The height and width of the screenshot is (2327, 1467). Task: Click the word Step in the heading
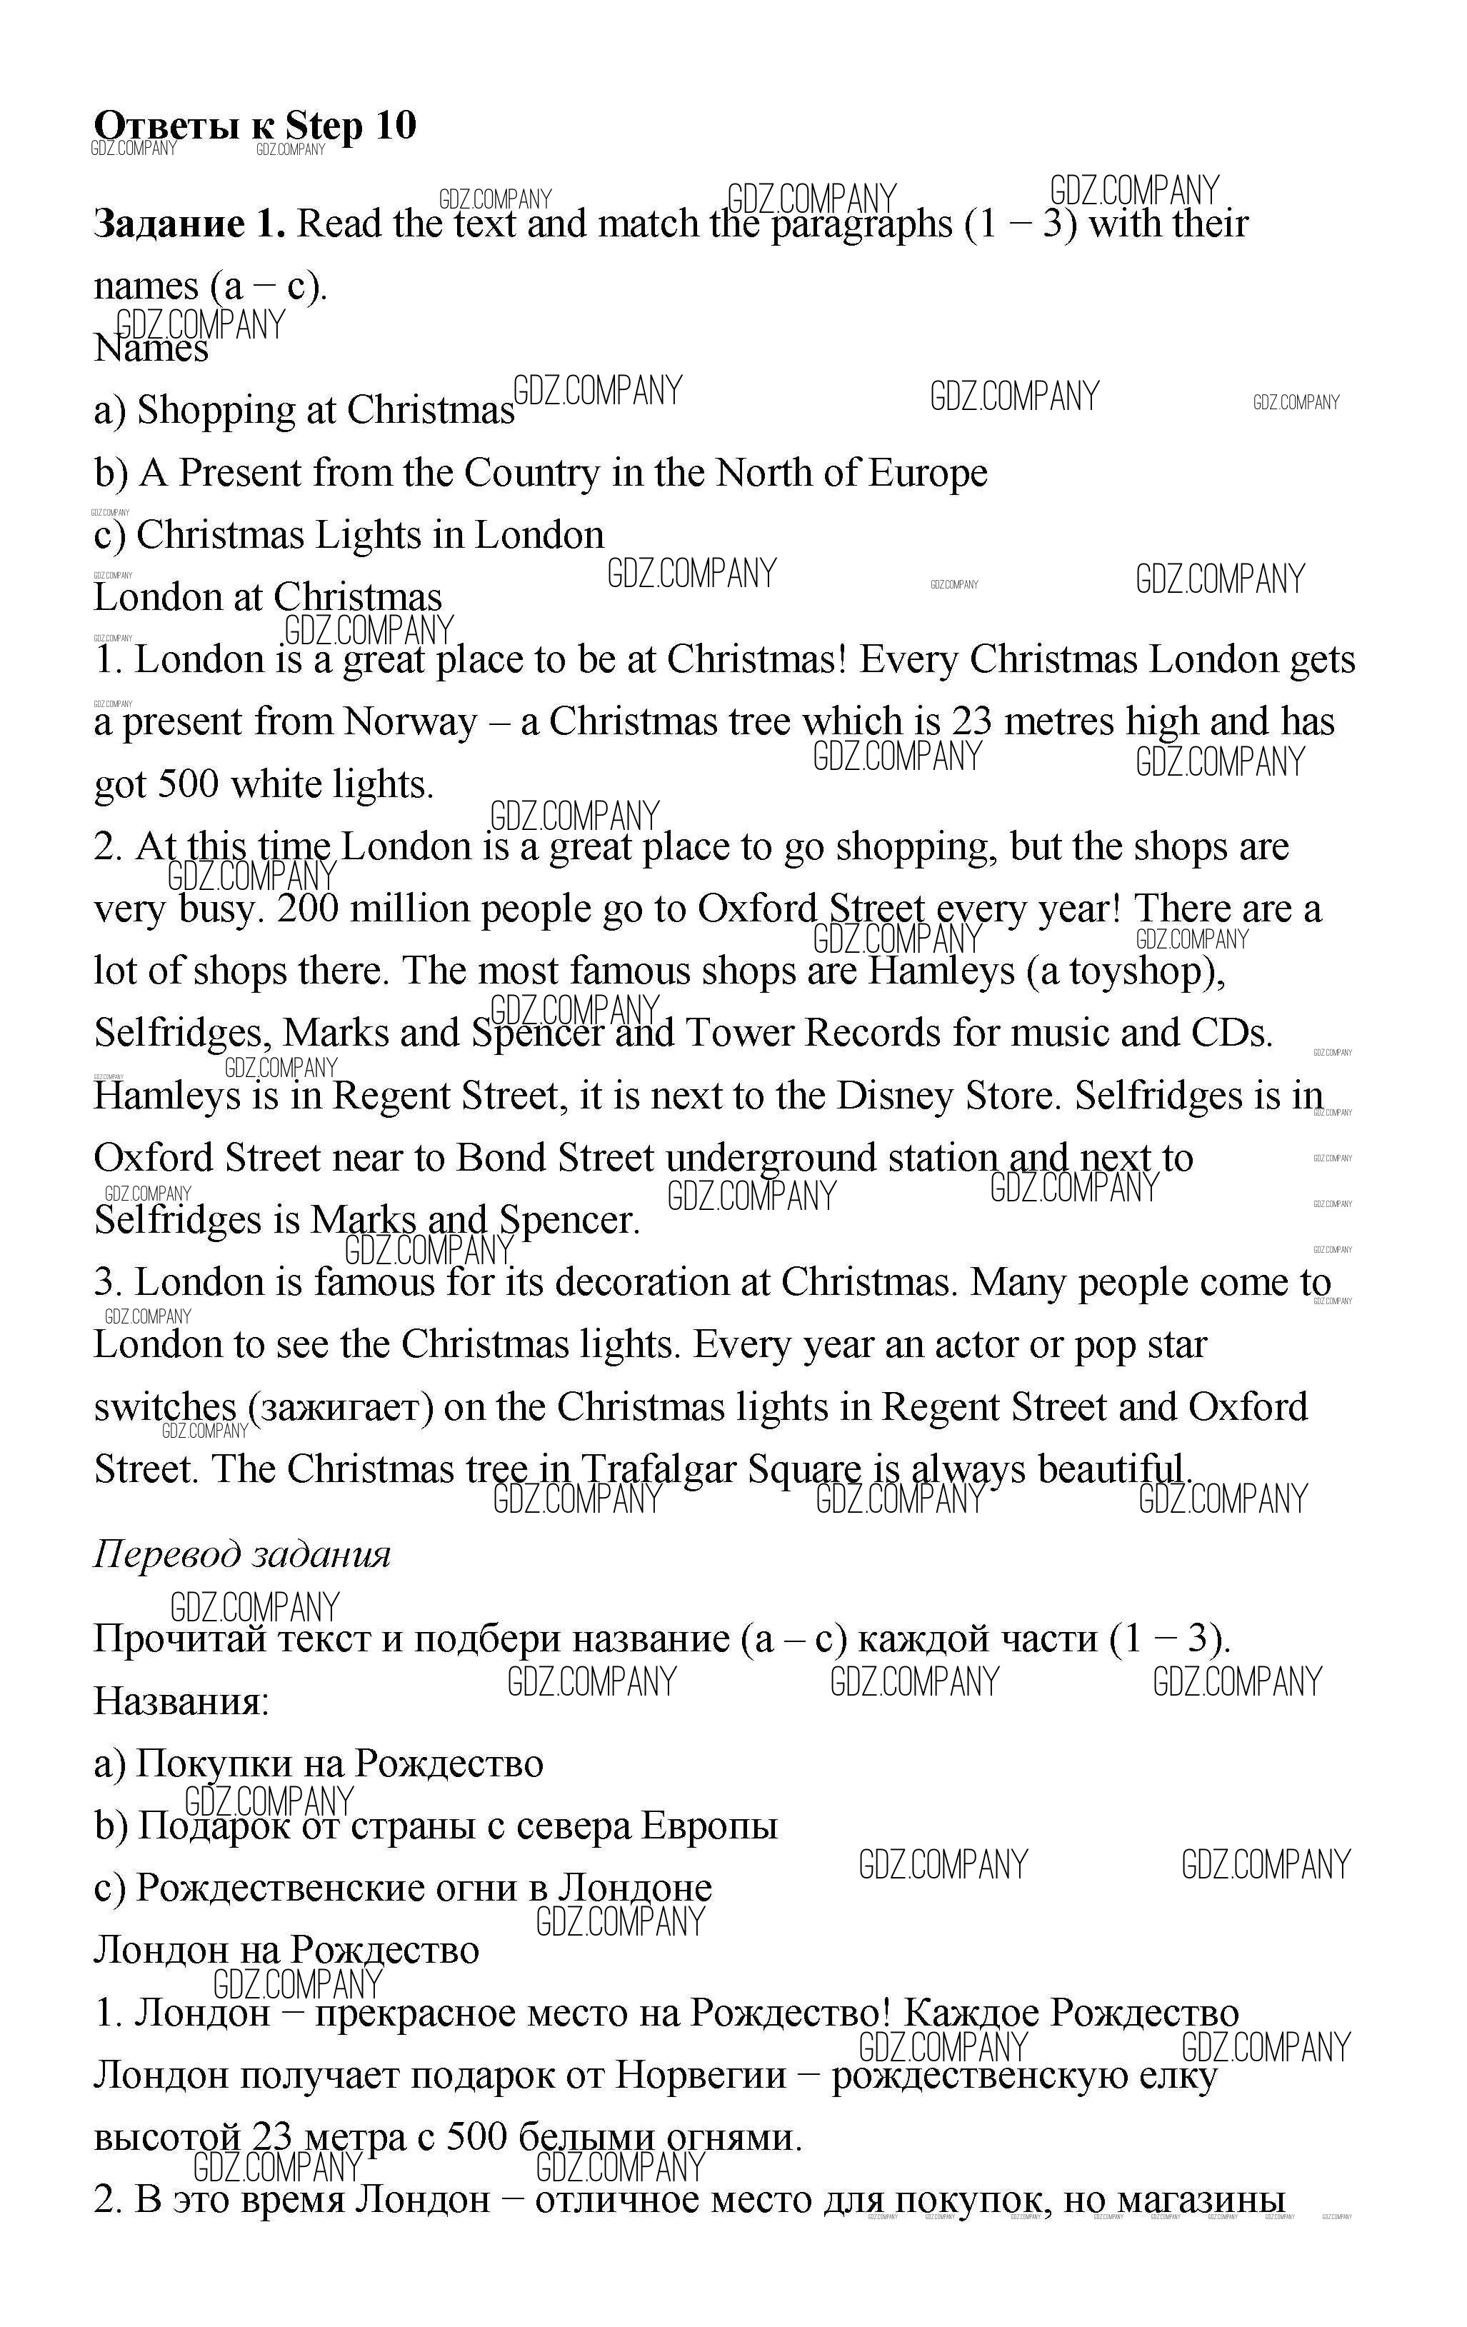(x=324, y=126)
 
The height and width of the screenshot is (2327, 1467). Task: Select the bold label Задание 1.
(x=189, y=224)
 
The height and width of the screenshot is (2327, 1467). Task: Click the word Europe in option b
(x=927, y=473)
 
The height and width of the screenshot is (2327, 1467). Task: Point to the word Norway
(x=410, y=722)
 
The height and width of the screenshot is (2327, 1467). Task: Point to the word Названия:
(x=181, y=1701)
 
